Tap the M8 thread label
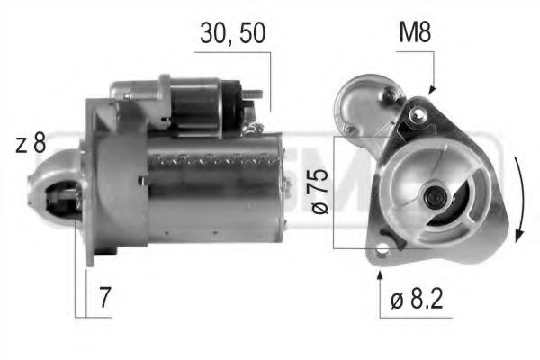(x=414, y=34)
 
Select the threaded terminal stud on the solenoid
(x=256, y=93)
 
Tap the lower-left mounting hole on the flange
(x=382, y=247)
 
